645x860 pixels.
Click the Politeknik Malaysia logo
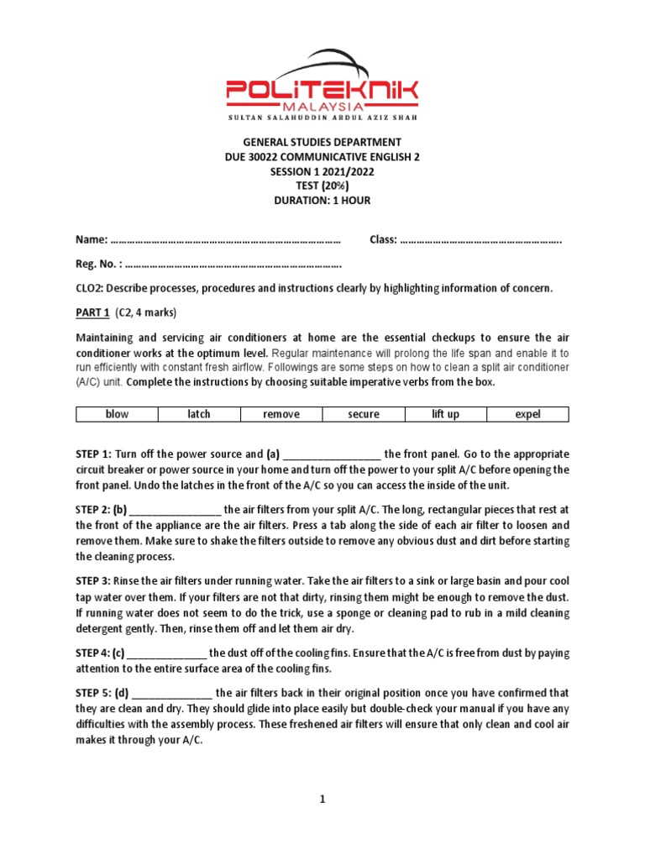click(322, 88)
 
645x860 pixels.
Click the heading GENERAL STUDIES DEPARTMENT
click(322, 142)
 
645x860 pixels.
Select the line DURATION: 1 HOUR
click(322, 200)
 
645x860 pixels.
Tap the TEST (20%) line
click(322, 186)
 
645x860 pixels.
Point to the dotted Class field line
click(480, 240)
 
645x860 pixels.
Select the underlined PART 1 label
click(92, 312)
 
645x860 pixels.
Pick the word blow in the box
click(117, 414)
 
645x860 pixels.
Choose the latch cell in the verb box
click(199, 414)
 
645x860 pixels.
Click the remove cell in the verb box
click(281, 414)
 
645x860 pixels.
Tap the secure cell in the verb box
click(364, 414)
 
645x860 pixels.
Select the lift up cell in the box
click(446, 414)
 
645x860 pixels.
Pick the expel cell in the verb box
click(528, 414)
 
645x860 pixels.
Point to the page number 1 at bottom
click(322, 800)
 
